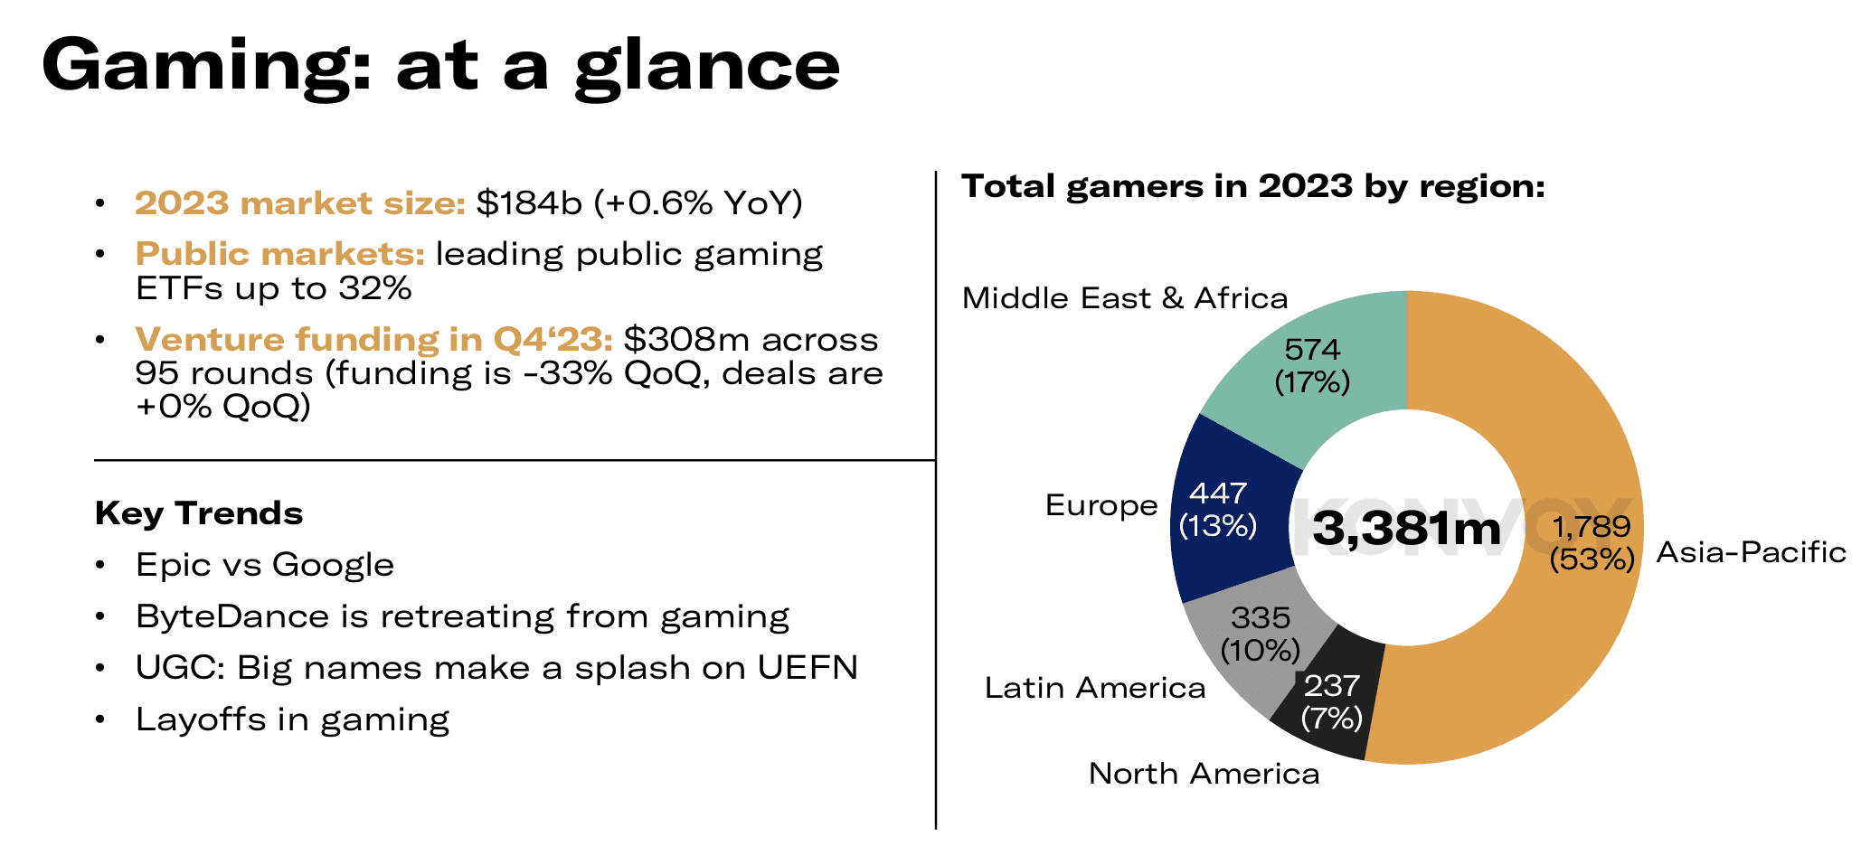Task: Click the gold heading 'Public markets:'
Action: tap(279, 254)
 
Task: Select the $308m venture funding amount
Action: tap(685, 340)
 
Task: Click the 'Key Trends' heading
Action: tap(199, 513)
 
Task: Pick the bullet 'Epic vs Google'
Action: tap(264, 565)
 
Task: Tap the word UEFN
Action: tap(807, 668)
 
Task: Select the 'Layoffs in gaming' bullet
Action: tap(292, 719)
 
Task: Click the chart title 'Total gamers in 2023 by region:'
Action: tap(1253, 186)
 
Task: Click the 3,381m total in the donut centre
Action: tap(1406, 528)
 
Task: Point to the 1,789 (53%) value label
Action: tap(1592, 542)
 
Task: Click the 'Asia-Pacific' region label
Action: tap(1751, 552)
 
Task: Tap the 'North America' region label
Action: tap(1204, 774)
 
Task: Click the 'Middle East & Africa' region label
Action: tap(1125, 298)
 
